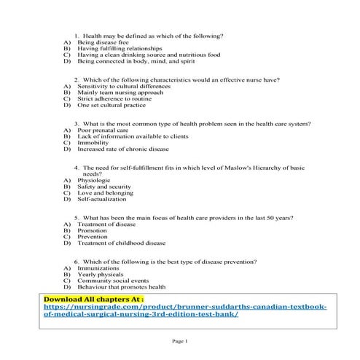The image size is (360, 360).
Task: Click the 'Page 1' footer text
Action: (180, 342)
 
